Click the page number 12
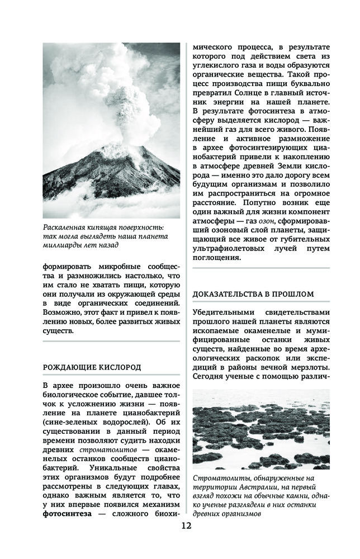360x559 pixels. [186, 525]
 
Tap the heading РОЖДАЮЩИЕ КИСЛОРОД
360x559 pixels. [92, 367]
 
